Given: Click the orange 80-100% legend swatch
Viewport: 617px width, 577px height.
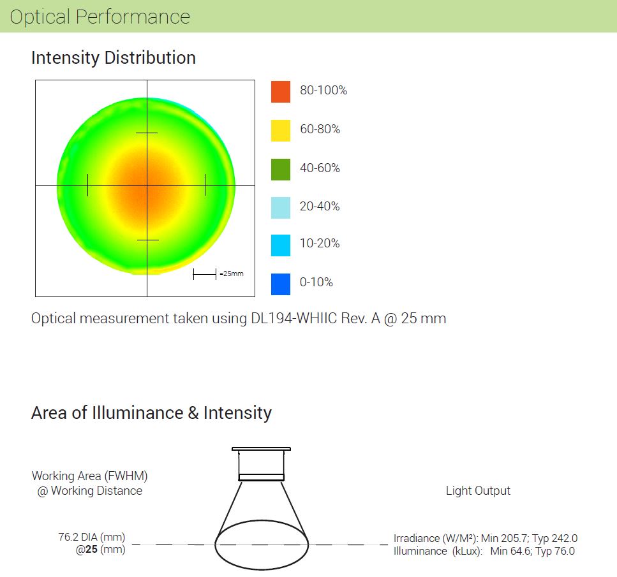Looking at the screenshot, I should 281,91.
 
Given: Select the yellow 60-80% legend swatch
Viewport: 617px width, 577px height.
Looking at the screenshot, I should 281,130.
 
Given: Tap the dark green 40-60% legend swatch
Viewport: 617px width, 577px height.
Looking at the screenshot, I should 281,169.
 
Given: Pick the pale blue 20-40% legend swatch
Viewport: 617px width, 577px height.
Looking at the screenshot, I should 281,207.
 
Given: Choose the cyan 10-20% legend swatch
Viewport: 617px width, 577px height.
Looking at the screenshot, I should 281,245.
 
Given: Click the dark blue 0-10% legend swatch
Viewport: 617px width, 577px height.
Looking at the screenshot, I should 281,284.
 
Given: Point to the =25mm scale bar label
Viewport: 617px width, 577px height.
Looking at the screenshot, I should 232,274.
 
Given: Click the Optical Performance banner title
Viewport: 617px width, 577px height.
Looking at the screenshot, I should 100,17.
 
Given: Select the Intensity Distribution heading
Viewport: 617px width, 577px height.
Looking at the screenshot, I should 114,58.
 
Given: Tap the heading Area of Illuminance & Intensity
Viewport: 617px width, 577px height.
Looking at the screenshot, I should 151,413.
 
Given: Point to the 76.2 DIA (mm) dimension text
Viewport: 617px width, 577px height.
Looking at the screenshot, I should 92,537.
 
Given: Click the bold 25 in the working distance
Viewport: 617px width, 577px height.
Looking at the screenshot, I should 91,549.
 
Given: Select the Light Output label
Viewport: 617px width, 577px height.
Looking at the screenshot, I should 478,491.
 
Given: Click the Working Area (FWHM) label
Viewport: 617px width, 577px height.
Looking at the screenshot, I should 94,476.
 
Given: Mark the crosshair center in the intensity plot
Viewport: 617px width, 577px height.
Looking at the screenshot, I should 147,186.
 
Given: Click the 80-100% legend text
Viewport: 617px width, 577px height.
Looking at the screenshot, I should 323,91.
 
